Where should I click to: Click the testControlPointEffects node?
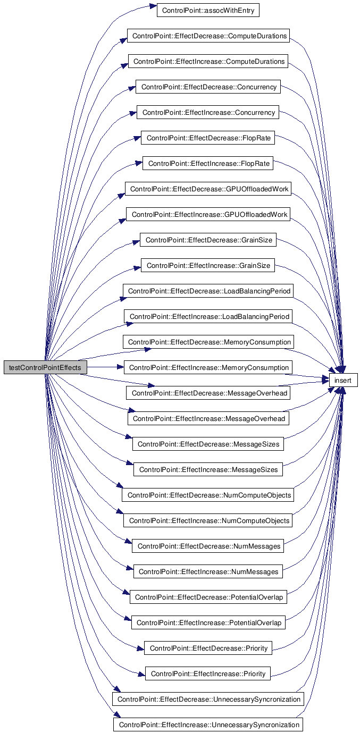pos(45,367)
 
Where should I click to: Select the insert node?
pos(343,380)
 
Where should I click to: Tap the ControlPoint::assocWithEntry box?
pos(208,10)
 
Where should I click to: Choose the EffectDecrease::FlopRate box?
pos(208,138)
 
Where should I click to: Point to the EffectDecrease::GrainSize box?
pos(208,240)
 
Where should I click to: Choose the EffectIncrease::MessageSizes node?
pos(208,469)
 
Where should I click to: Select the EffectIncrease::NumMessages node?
pos(208,571)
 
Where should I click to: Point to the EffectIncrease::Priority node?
pos(208,673)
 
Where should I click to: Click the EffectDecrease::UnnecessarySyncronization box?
pos(208,699)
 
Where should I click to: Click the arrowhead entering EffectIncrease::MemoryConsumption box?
pos(120,367)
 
